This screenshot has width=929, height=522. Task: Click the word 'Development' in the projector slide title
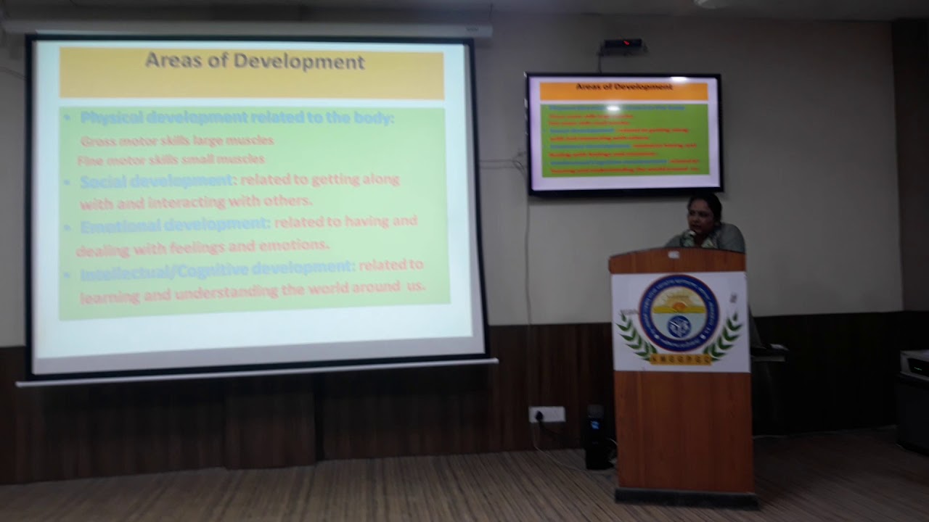305,62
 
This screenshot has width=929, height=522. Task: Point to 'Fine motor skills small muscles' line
171,159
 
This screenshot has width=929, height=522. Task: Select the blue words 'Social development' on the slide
156,181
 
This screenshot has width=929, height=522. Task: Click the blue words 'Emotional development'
175,225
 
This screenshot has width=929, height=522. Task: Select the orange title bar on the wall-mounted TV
623,90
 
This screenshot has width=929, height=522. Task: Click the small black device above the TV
623,45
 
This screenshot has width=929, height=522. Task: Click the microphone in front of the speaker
685,236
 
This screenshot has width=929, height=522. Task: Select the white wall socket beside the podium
547,415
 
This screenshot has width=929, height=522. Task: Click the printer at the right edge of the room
914,362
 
